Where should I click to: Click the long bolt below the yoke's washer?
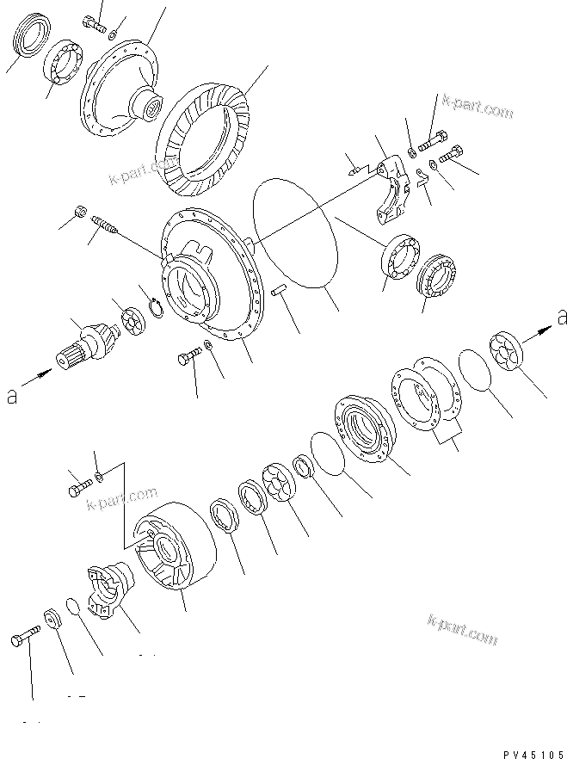click(27, 640)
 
